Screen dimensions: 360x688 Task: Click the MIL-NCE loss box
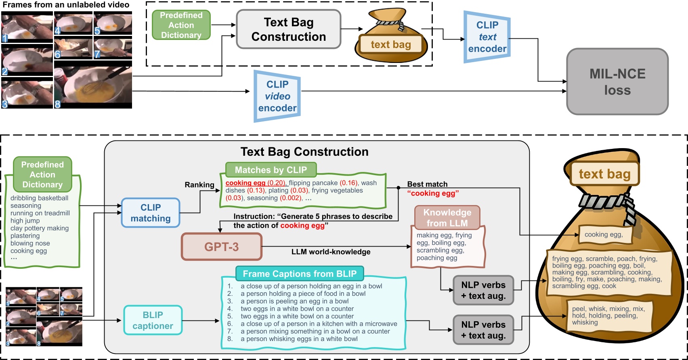(617, 82)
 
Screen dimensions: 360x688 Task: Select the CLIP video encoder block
(277, 96)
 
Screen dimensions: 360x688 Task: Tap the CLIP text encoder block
(487, 37)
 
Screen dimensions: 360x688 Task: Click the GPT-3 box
(221, 247)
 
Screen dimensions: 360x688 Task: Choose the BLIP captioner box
(153, 320)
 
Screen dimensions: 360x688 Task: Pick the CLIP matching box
(151, 213)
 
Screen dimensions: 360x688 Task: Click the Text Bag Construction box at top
(288, 29)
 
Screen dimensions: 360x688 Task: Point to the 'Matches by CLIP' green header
(271, 170)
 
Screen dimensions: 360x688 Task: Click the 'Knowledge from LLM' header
(447, 218)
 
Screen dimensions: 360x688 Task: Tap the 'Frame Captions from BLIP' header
(299, 274)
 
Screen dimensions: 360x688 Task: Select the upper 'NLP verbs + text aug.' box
(483, 290)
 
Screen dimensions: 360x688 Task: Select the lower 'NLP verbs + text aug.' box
(483, 330)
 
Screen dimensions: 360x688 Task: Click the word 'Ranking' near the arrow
(199, 185)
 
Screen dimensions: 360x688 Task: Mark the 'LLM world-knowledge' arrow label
(331, 252)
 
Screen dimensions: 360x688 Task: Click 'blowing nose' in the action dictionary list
(30, 243)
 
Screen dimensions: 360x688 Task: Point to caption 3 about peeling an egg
(294, 301)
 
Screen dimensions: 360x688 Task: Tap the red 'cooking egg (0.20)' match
(255, 183)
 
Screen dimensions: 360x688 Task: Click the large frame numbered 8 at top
(93, 85)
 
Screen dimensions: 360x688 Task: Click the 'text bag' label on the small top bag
(390, 44)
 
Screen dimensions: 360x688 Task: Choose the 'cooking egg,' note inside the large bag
(604, 234)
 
